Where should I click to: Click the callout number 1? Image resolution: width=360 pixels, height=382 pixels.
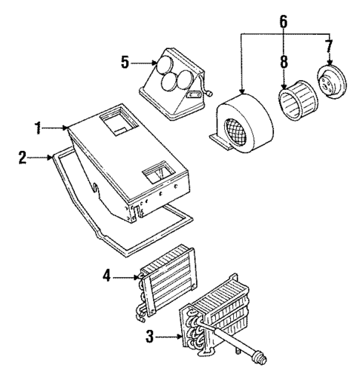(36, 129)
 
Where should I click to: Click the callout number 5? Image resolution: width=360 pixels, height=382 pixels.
(125, 63)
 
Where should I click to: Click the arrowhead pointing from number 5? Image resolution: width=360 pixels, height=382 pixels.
(152, 64)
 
